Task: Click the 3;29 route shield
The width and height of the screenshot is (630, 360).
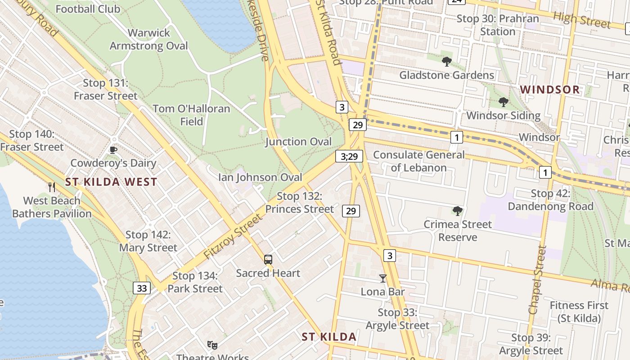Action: pos(349,157)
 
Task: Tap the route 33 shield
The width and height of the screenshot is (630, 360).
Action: pos(142,288)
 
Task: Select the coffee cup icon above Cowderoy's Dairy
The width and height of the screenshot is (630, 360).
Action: pos(113,150)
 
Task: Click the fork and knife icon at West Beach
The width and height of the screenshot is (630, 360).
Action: pos(52,187)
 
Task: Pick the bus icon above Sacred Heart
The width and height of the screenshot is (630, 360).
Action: pos(268,260)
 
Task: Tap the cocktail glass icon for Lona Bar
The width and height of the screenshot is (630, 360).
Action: pos(383,279)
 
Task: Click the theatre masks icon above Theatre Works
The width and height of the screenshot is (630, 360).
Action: pos(212,345)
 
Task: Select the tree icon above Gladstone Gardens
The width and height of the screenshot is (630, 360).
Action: pos(446,62)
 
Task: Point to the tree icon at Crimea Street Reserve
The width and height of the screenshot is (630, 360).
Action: pos(458,211)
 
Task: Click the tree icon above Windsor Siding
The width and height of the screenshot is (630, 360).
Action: pos(503,102)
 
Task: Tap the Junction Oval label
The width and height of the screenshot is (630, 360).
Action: pos(298,142)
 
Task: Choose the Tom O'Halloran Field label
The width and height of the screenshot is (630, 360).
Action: pos(191,115)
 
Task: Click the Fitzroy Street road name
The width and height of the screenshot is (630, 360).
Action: pos(232,237)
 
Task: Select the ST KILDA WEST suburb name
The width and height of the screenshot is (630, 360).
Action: pos(111,182)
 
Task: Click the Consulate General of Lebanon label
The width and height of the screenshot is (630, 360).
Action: pos(418,161)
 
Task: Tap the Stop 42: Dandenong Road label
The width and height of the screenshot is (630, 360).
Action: pos(550,200)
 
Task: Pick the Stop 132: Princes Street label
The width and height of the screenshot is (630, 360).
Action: pos(300,202)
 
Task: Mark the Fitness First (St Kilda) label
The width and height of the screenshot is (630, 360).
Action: pos(579,312)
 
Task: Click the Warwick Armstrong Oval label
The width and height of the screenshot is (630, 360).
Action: pos(149,39)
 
